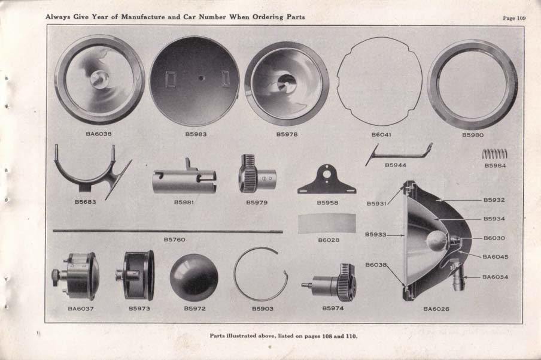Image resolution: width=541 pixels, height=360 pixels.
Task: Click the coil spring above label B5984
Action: (494, 153)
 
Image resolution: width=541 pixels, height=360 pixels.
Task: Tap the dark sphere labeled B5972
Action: (194, 277)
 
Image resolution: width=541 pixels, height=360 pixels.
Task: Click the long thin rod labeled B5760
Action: (168, 231)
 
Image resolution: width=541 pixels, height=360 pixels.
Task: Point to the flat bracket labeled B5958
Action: (327, 180)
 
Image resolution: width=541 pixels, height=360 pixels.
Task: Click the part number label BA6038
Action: (99, 134)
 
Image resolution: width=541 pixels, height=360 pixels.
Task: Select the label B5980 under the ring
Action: (472, 135)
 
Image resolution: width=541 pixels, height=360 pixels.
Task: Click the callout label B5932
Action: (494, 200)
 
